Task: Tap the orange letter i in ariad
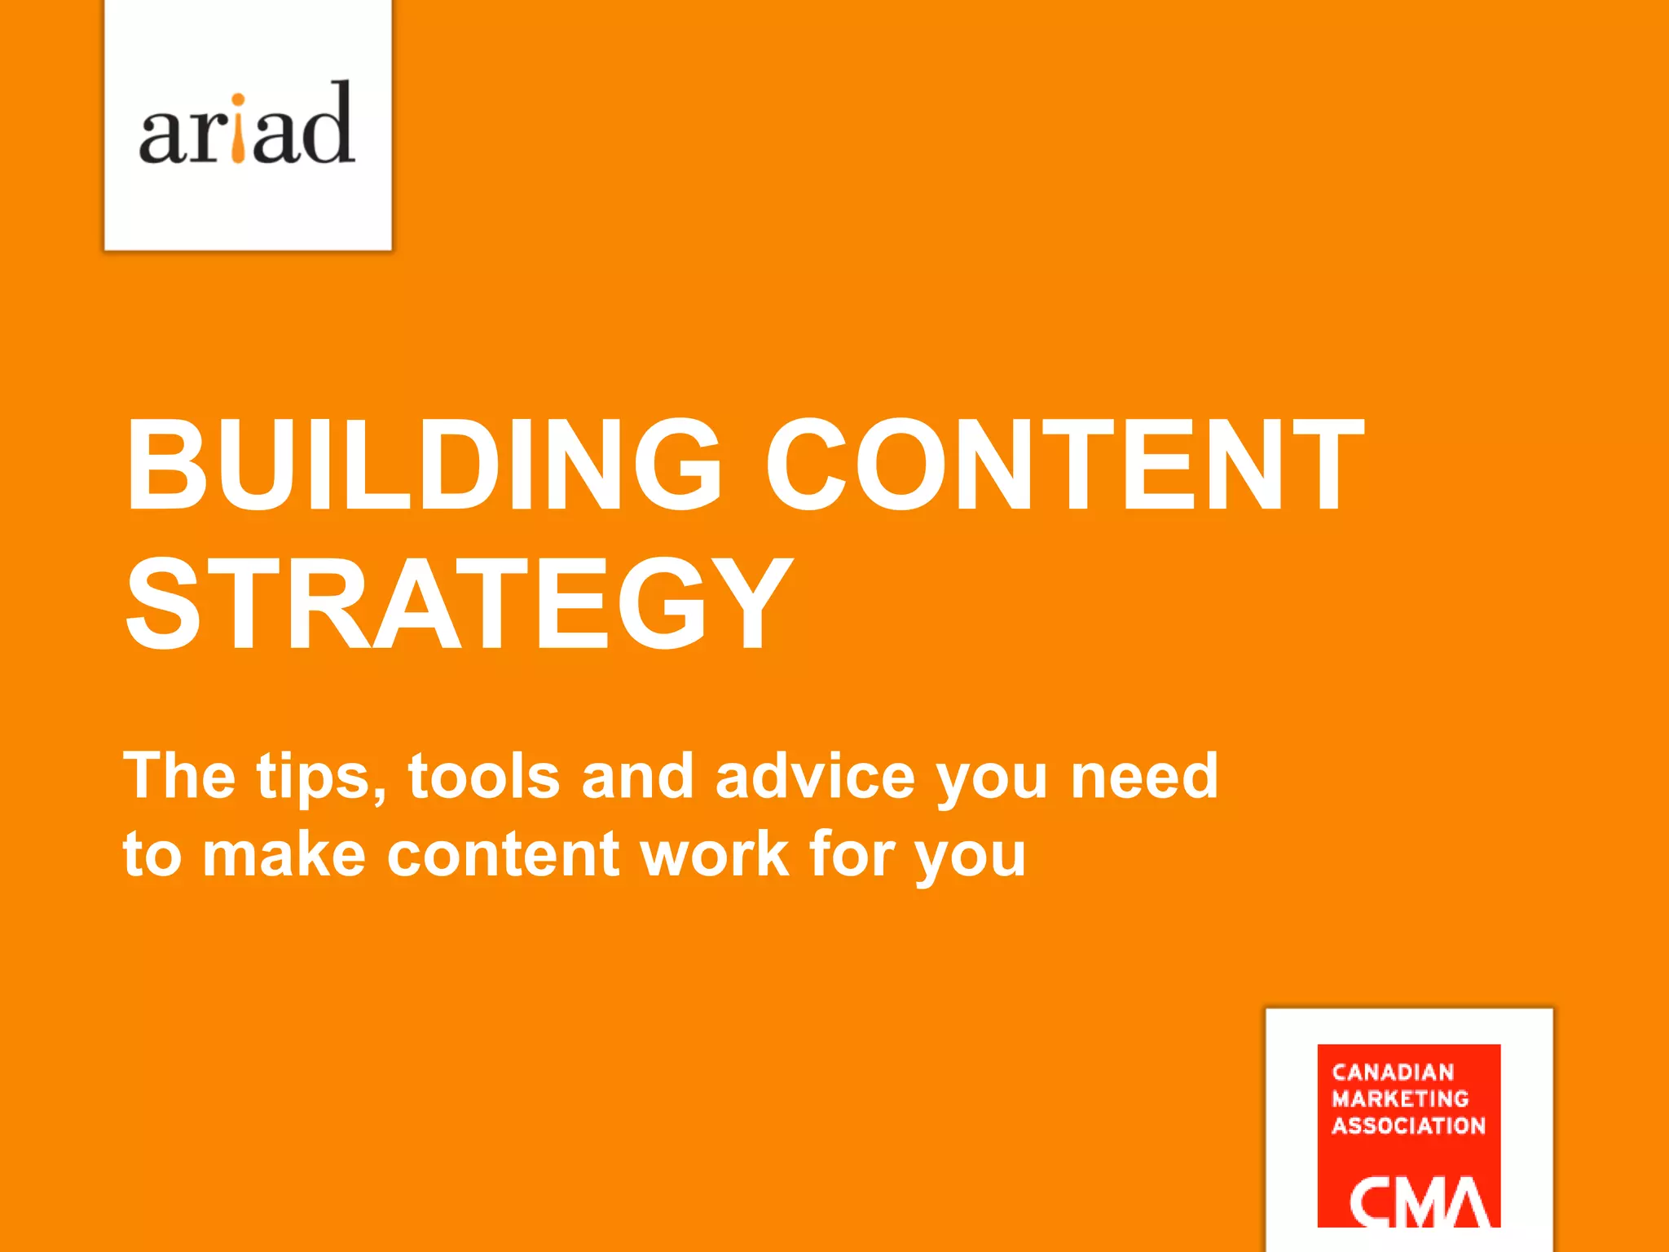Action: [237, 130]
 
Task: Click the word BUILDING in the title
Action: [423, 465]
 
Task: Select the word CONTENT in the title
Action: [1063, 465]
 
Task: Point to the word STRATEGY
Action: [459, 604]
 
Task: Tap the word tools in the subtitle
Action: [484, 776]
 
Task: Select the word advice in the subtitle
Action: [814, 776]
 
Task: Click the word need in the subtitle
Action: [1144, 776]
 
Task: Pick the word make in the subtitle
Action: [284, 854]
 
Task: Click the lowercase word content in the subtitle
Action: [503, 854]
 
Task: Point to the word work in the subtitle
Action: [715, 854]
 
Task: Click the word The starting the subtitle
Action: [179, 776]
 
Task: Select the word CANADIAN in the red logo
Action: [1393, 1073]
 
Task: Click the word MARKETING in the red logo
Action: [1400, 1099]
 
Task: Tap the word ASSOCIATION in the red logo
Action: [1408, 1126]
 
